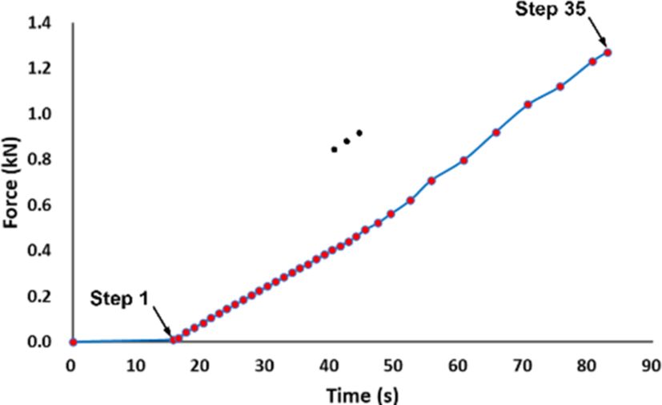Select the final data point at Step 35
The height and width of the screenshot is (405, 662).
[608, 52]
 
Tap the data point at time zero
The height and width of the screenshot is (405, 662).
[73, 342]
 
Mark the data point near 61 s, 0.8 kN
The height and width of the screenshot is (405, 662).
[463, 160]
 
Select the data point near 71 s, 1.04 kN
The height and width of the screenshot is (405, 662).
[528, 104]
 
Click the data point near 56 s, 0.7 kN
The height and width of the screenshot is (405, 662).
[431, 180]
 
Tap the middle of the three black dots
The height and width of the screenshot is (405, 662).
[347, 141]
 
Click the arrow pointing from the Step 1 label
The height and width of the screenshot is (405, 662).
[162, 324]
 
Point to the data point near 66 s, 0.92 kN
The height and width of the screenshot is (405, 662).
[496, 132]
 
